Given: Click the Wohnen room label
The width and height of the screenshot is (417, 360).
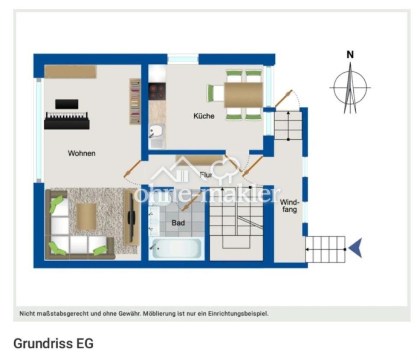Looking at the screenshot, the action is [81, 153].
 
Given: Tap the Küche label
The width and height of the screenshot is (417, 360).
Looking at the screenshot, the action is [204, 116].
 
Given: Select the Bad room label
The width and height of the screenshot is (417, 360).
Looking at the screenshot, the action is [178, 223].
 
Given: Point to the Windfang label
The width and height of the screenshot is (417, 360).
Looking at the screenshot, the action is [290, 206].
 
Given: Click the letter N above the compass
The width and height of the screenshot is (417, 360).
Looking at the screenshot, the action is [350, 55].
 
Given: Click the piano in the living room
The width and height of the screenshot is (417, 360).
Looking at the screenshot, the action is [67, 121].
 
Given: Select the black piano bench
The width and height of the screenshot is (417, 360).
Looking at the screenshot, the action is [67, 104].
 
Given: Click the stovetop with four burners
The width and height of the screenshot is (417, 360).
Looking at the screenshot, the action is [157, 91].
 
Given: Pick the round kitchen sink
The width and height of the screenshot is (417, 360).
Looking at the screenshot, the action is [156, 131].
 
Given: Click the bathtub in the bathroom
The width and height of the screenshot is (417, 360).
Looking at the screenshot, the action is [176, 248].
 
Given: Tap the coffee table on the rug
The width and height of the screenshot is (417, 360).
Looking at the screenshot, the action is [86, 216].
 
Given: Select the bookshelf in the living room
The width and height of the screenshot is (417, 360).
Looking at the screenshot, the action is [135, 101].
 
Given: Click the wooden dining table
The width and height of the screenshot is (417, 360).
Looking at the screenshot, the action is [243, 95].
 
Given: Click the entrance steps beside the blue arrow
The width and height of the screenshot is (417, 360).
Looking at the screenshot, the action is [325, 249].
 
